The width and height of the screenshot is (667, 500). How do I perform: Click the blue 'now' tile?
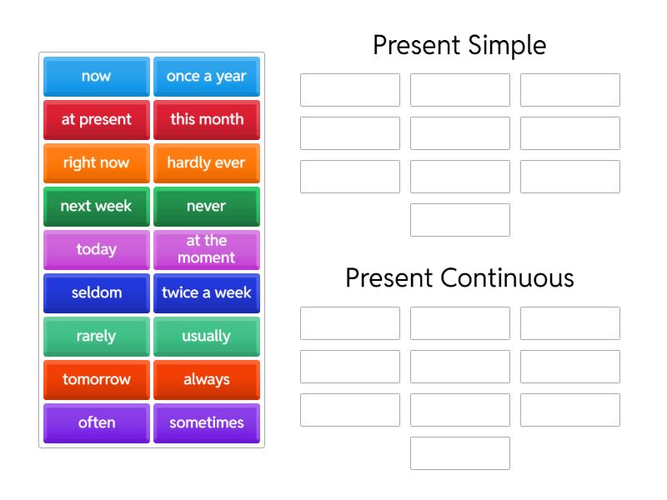[x=96, y=77]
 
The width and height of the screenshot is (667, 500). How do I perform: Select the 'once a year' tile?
[x=206, y=77]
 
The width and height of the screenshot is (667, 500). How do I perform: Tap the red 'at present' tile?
[x=96, y=120]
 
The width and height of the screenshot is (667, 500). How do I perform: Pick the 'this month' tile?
[x=206, y=120]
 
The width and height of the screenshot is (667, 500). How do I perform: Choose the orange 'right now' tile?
[x=96, y=163]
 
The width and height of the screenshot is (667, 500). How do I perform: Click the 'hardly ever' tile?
[x=206, y=163]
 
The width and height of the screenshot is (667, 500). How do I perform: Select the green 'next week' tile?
[x=96, y=207]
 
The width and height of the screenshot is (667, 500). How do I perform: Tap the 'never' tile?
[x=206, y=207]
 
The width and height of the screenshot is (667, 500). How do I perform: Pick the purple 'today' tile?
[x=96, y=250]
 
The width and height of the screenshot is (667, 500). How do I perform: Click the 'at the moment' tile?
[x=206, y=250]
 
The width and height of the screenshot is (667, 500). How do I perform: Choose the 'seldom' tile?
[x=96, y=293]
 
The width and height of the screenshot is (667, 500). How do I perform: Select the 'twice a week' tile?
[x=206, y=293]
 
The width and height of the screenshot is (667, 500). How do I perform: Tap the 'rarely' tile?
[x=96, y=337]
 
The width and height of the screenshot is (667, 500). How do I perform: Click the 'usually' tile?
[x=206, y=337]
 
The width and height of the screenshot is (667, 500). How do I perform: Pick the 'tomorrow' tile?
[x=96, y=380]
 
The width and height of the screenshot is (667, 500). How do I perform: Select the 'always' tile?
[x=206, y=380]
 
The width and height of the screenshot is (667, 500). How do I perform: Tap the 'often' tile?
[x=96, y=423]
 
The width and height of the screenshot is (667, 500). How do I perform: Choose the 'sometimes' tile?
[x=206, y=423]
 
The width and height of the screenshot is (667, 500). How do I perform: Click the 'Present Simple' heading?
[x=459, y=45]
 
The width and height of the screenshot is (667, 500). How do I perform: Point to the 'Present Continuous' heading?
[x=459, y=277]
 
